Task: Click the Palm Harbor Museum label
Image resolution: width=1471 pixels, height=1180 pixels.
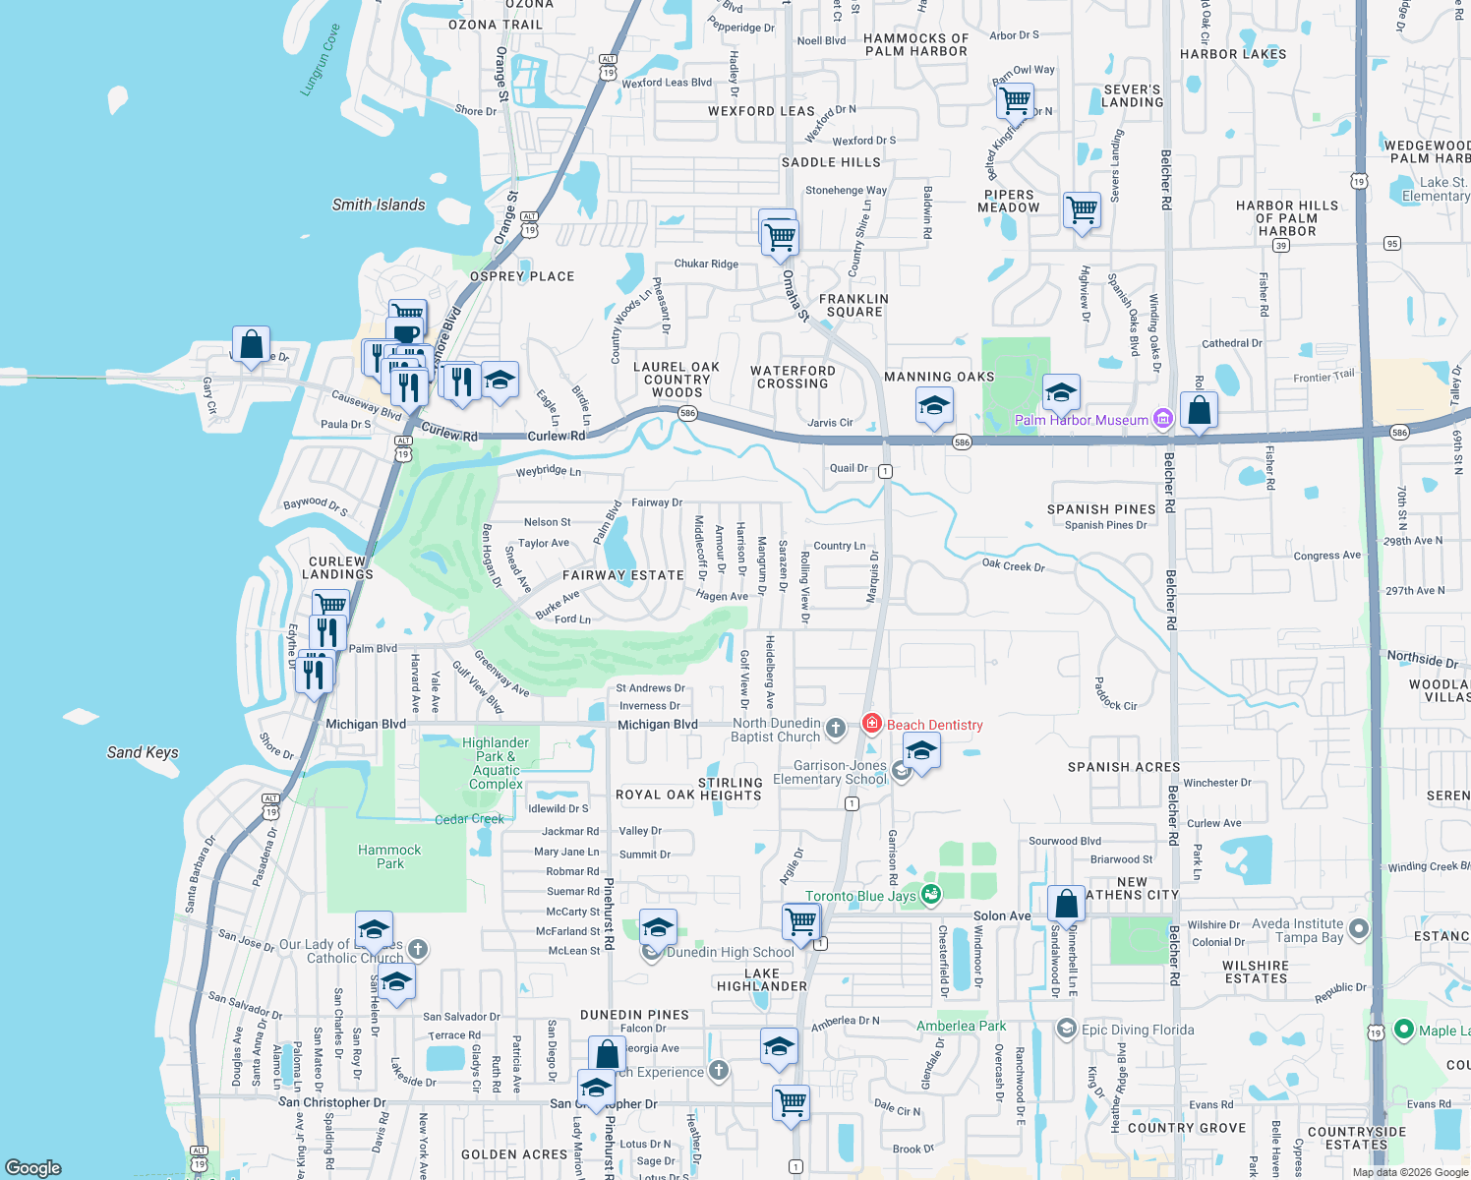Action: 1081,420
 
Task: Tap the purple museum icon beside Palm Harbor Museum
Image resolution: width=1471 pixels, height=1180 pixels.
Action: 1163,420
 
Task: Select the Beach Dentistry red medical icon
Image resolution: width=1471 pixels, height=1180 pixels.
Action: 871,724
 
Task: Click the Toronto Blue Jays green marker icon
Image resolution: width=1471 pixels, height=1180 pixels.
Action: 930,895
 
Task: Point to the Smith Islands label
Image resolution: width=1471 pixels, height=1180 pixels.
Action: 379,205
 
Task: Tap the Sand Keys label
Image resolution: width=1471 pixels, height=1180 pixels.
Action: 143,752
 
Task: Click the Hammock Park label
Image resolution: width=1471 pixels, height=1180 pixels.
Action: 389,856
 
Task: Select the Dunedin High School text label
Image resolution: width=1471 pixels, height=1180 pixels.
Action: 730,952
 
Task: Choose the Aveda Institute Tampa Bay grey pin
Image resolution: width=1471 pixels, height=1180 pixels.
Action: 1359,928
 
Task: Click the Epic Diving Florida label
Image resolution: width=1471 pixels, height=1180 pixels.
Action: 1138,1030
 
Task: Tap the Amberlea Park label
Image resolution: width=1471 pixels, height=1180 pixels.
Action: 961,1026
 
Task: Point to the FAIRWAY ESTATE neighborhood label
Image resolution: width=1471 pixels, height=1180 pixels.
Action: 623,575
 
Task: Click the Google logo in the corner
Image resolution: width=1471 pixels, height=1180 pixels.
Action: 33,1167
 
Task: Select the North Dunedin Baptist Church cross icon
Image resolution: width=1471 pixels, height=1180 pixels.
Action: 835,729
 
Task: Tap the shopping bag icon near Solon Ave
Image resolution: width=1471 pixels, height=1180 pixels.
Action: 1066,904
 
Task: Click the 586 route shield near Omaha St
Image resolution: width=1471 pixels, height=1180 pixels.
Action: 687,413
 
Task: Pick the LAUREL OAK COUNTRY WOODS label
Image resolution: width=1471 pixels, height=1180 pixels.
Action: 677,380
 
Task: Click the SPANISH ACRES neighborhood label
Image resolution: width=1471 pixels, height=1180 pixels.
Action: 1124,767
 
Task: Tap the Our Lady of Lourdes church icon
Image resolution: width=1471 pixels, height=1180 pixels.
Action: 418,949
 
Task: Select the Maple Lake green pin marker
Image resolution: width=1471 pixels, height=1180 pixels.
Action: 1403,1031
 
